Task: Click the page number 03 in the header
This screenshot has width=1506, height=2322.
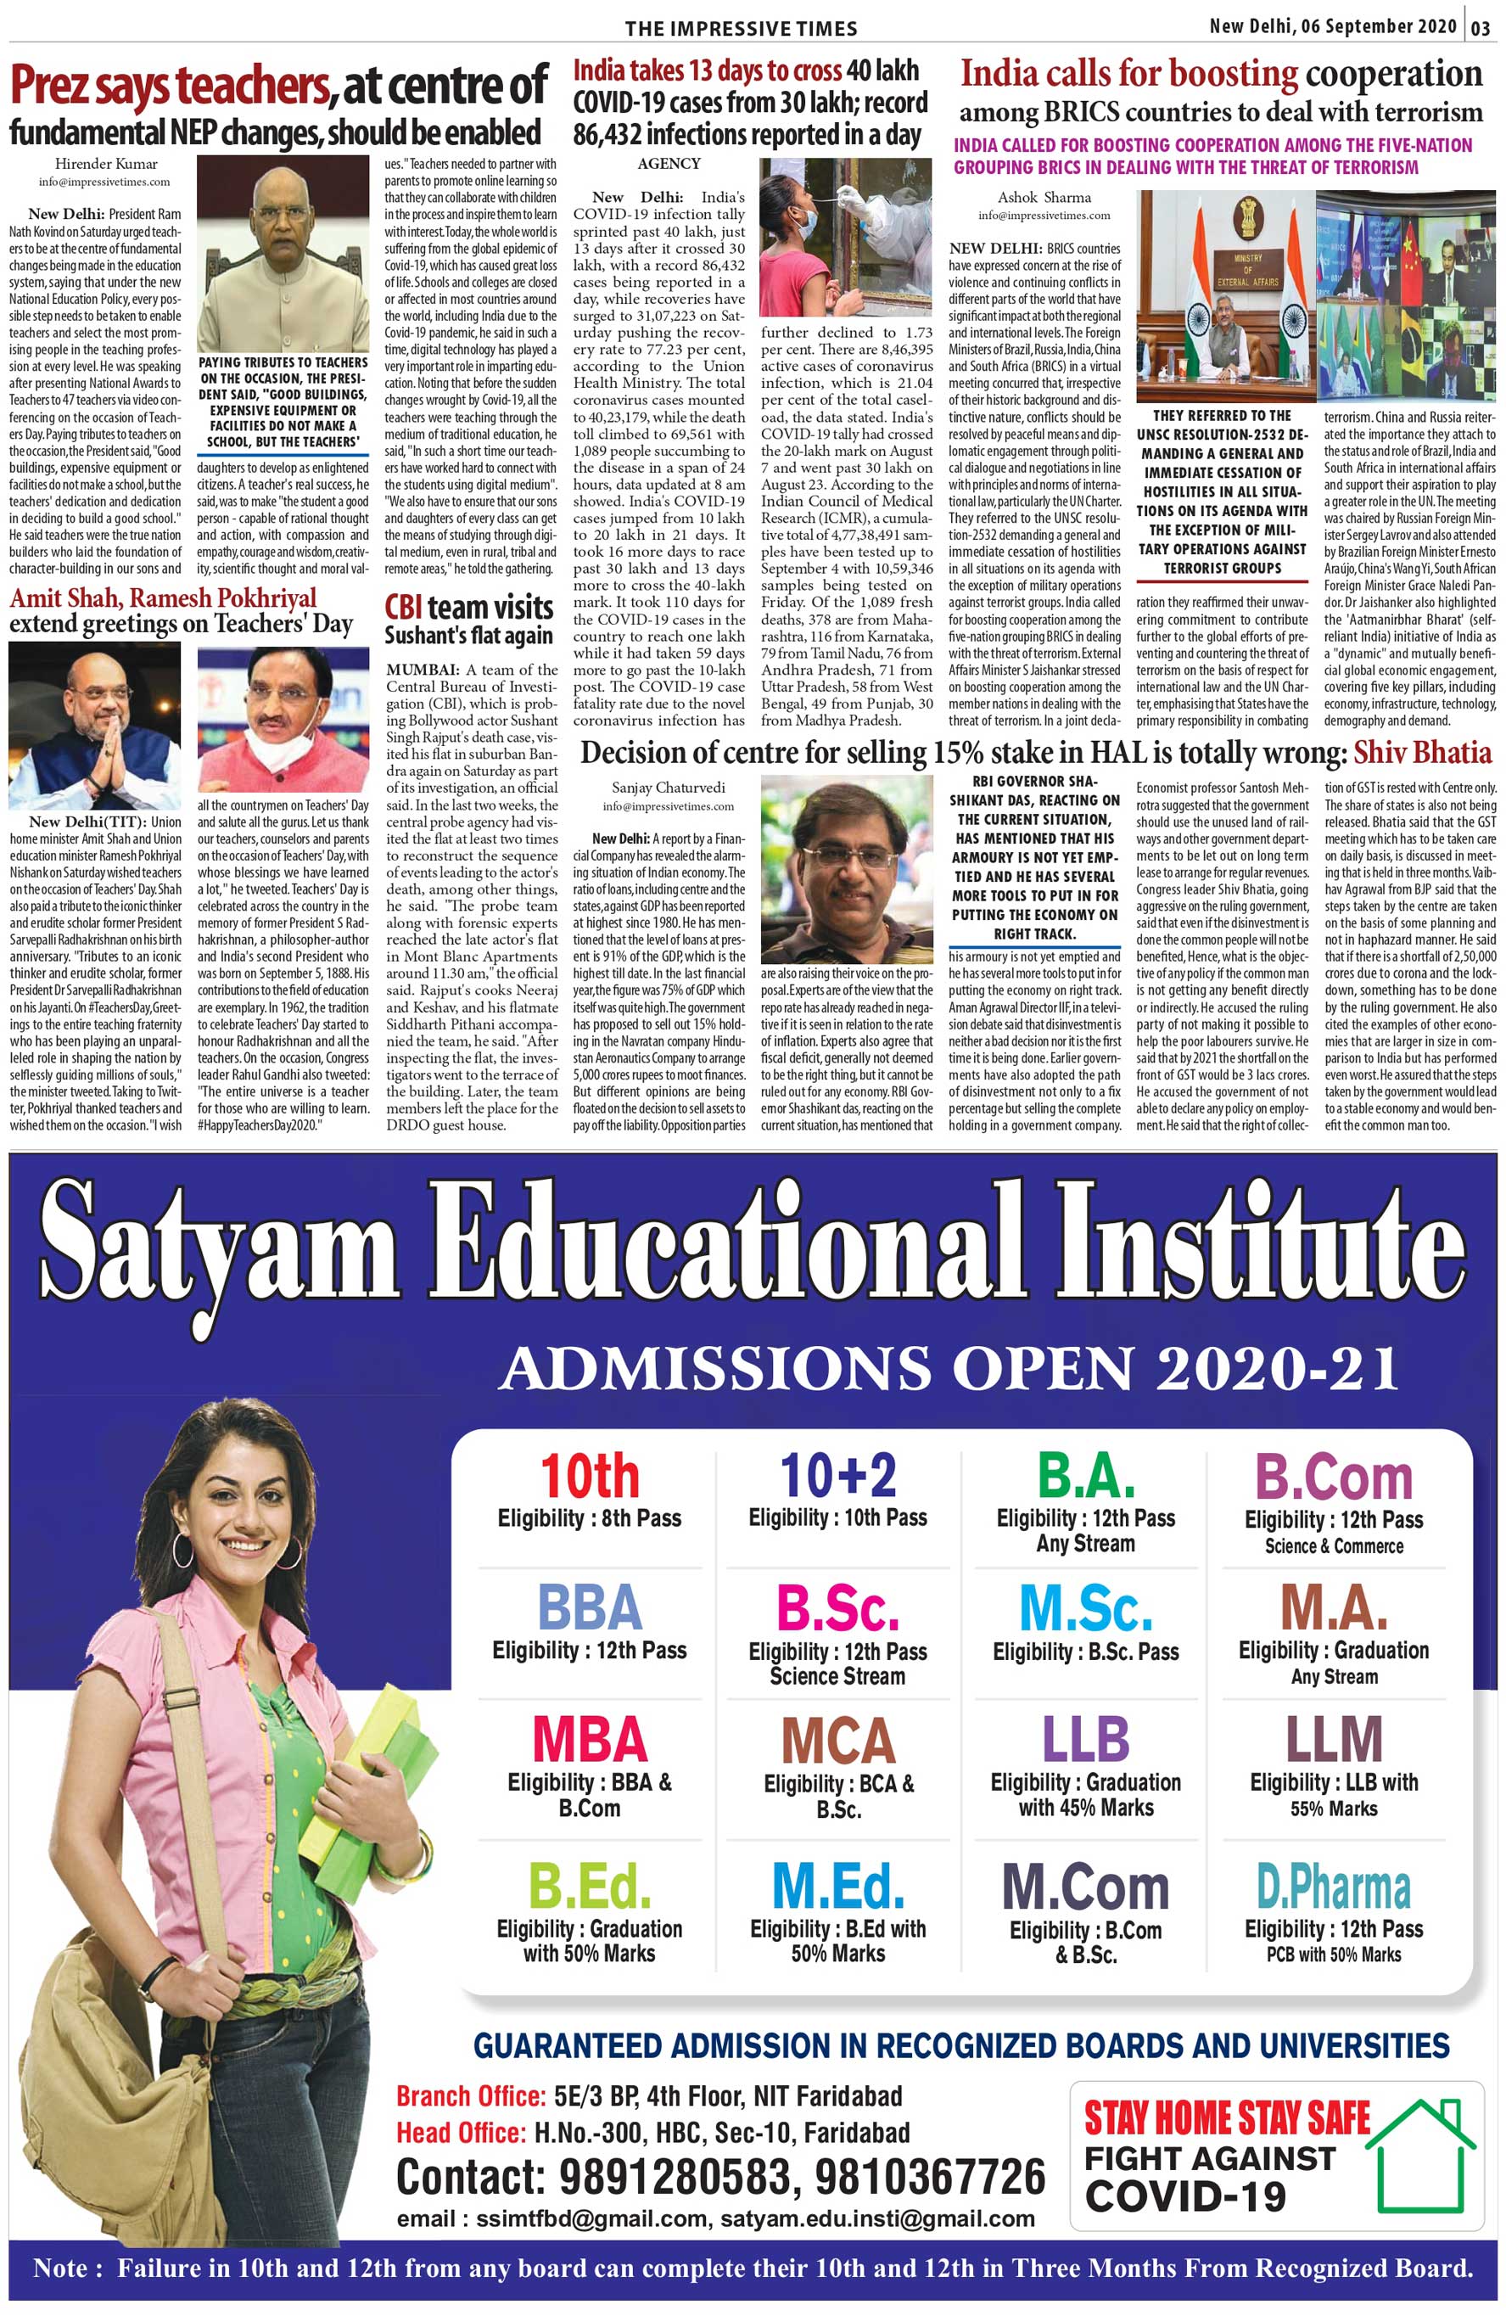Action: tap(1481, 26)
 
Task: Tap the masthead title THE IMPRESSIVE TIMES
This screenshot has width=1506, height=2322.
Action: tap(742, 28)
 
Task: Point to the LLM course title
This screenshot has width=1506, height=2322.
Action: tap(1334, 1740)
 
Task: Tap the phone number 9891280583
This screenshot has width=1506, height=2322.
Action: tap(672, 2177)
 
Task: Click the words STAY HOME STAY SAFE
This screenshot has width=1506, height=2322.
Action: tap(1227, 2118)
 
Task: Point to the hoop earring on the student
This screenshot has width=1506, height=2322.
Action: tap(183, 1548)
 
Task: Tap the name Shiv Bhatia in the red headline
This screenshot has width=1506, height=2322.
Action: tap(1422, 752)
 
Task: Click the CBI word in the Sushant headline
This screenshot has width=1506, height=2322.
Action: tap(404, 607)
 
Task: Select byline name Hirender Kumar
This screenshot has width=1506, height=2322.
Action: tap(105, 164)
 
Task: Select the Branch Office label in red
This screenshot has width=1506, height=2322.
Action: tap(470, 2095)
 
